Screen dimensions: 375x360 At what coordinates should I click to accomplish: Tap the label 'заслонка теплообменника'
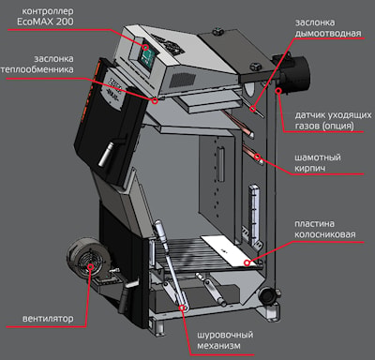click(x=37, y=64)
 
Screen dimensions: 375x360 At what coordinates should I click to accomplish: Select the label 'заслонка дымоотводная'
click(x=328, y=28)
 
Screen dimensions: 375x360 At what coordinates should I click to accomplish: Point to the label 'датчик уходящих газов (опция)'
click(x=333, y=121)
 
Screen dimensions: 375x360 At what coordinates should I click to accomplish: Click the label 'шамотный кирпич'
click(x=318, y=162)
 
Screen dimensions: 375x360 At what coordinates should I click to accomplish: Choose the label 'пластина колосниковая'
click(x=325, y=229)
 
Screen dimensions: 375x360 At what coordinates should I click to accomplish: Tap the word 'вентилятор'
click(x=48, y=319)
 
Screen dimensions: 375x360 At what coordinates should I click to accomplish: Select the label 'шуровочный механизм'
click(x=225, y=340)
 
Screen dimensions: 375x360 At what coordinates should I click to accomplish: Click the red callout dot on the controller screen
click(x=145, y=48)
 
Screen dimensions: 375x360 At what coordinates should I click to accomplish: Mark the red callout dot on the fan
click(x=91, y=266)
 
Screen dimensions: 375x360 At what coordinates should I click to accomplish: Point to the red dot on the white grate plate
click(x=247, y=262)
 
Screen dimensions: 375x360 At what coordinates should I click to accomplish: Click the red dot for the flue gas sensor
click(x=278, y=91)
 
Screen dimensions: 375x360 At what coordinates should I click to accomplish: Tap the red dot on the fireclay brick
click(x=257, y=157)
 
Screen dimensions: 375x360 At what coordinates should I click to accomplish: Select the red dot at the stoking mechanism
click(x=182, y=307)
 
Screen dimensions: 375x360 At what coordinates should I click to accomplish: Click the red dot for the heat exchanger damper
click(x=155, y=100)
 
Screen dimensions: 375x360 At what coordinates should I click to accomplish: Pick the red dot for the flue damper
click(x=253, y=109)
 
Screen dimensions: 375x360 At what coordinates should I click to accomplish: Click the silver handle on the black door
click(x=105, y=155)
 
